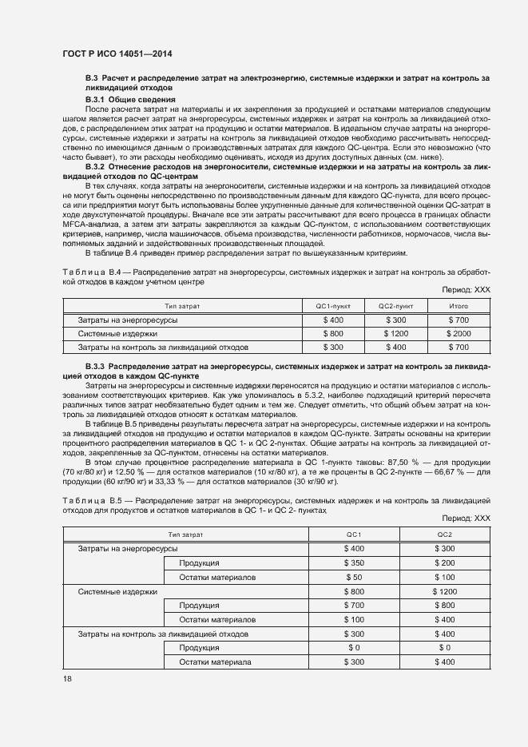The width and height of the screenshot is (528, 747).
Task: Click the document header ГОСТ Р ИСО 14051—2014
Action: [117, 54]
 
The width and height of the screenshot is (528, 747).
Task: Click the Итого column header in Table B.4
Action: [459, 306]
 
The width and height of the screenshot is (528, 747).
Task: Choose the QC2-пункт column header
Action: [395, 306]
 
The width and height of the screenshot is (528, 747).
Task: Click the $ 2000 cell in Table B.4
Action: [459, 333]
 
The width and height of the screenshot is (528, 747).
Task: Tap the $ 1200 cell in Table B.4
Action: [395, 333]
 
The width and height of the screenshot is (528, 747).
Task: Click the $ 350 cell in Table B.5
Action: [353, 562]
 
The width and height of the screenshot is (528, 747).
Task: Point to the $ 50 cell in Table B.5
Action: [353, 577]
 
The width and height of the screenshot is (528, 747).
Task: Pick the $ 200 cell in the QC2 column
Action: [445, 562]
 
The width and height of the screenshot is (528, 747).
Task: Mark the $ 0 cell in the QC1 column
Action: [353, 647]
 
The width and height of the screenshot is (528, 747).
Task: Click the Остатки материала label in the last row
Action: [215, 662]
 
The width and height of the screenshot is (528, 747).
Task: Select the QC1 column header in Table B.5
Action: [353, 534]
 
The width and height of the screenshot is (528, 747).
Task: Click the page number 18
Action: [66, 678]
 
